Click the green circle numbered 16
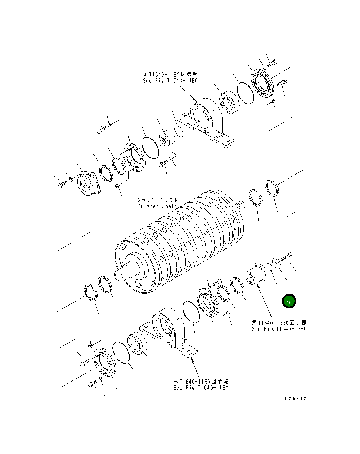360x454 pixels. (x=289, y=302)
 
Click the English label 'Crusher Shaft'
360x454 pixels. (x=157, y=206)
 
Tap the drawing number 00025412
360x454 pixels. (x=291, y=399)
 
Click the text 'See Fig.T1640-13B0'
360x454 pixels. (x=279, y=329)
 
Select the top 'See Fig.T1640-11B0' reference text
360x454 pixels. (x=170, y=81)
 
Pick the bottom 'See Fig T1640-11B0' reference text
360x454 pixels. (x=201, y=388)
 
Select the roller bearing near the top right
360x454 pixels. (x=228, y=104)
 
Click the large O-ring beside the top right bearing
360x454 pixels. (x=245, y=93)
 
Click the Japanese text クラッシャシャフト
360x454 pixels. (x=157, y=201)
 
